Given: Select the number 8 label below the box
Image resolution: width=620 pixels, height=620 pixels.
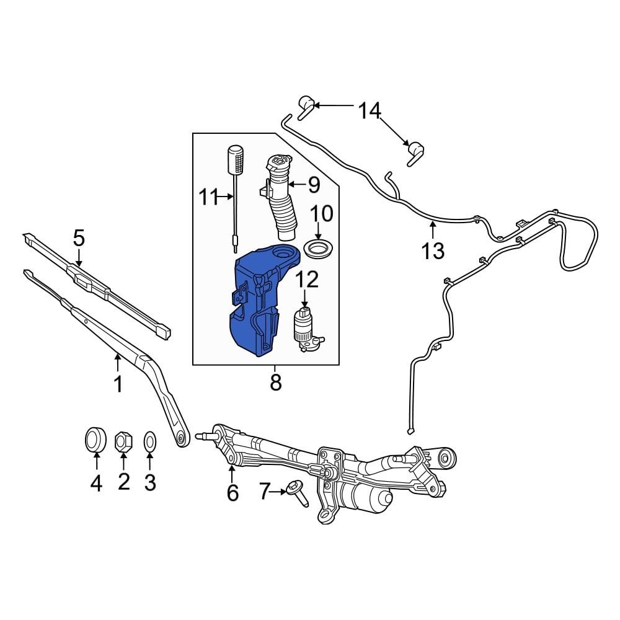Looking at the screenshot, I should [x=275, y=383].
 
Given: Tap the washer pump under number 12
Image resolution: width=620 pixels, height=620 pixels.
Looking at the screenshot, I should [x=306, y=329].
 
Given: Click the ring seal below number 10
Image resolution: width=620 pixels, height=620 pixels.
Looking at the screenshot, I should [x=318, y=251].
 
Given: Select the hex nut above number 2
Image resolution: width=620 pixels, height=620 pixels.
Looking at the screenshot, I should [x=123, y=441].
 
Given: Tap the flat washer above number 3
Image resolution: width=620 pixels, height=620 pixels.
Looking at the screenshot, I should [x=149, y=441].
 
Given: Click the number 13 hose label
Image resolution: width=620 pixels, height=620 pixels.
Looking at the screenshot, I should [x=433, y=250].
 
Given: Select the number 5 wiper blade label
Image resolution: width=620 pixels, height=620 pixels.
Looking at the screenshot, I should [x=79, y=238].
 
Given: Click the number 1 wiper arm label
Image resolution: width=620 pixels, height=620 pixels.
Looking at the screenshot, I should [x=118, y=384].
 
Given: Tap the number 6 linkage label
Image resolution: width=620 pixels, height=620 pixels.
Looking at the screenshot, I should [x=232, y=493].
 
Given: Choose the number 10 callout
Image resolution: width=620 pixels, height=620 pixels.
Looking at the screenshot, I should [x=321, y=214].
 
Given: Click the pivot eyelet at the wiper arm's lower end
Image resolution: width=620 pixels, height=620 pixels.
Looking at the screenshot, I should [x=181, y=438].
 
